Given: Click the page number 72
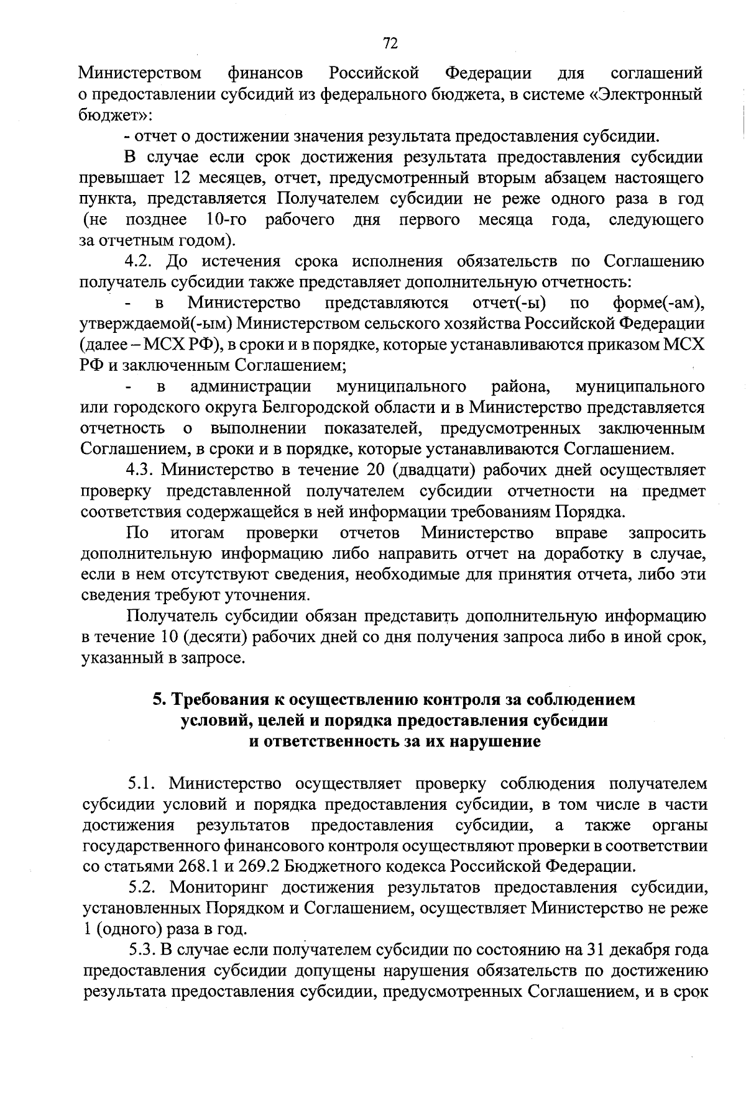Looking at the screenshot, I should tap(390, 43).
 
